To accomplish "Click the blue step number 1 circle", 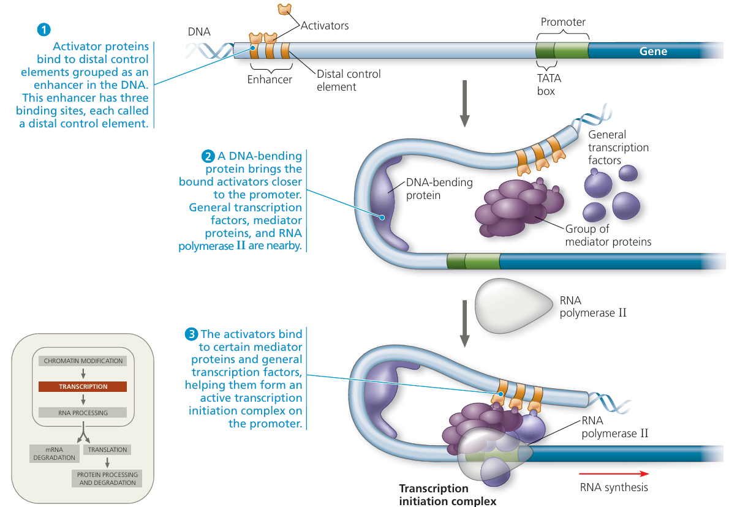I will [x=43, y=29].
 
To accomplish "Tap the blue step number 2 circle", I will [x=206, y=156].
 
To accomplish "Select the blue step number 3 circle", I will [x=191, y=334].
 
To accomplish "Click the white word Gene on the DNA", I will [x=653, y=51].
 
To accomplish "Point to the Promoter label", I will [x=563, y=22].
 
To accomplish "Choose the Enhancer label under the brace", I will [x=270, y=79].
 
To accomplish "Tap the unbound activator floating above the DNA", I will [x=284, y=9].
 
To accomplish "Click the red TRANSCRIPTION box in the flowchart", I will [x=83, y=386].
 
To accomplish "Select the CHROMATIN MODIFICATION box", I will [x=83, y=361].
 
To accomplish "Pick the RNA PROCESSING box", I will [x=83, y=413].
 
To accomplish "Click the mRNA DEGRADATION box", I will [x=55, y=453].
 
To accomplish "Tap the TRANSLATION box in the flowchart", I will [x=107, y=449].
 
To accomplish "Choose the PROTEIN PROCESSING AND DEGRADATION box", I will [x=107, y=478].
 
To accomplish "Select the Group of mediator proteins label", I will [x=608, y=236].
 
